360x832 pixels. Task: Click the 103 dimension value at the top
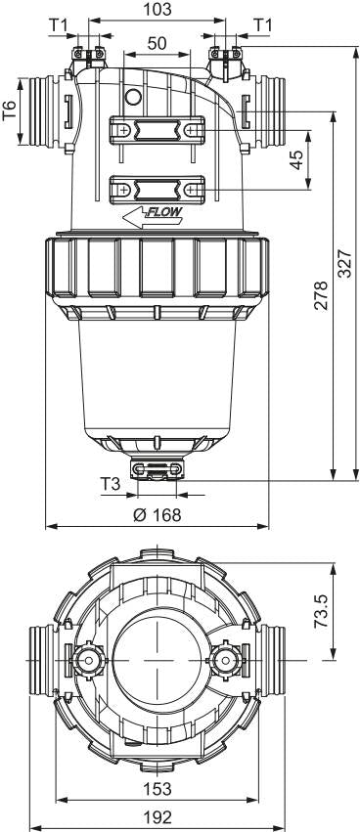(x=157, y=9)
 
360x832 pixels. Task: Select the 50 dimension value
(x=157, y=44)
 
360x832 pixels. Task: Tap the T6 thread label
(x=10, y=110)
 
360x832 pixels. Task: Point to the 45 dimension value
(x=296, y=159)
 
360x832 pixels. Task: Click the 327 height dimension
(x=345, y=263)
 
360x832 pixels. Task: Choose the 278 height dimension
(x=321, y=295)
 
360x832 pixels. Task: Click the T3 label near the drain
(x=111, y=484)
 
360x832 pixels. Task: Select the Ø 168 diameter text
(x=157, y=514)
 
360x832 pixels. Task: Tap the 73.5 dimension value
(x=321, y=611)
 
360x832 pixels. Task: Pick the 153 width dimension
(x=157, y=788)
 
